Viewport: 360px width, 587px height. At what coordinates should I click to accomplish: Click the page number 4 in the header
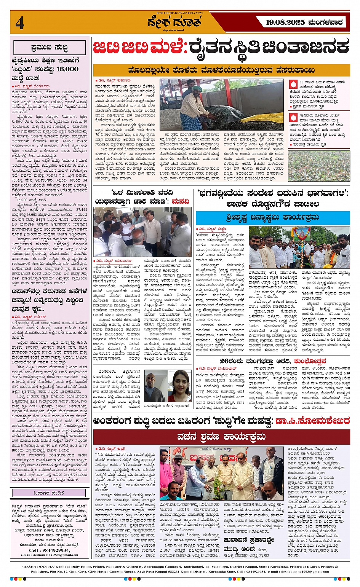point(19,23)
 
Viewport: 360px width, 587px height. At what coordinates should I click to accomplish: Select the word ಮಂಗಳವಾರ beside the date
point(325,23)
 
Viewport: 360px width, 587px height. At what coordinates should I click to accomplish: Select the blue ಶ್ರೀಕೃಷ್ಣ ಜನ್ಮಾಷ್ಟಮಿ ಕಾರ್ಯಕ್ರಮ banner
point(273,218)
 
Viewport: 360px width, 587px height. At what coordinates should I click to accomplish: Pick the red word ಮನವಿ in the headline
point(180,201)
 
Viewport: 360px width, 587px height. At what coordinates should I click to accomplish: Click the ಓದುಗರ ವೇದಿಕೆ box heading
point(49,493)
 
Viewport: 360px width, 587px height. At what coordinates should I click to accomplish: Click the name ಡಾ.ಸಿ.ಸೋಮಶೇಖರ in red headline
point(312,421)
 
